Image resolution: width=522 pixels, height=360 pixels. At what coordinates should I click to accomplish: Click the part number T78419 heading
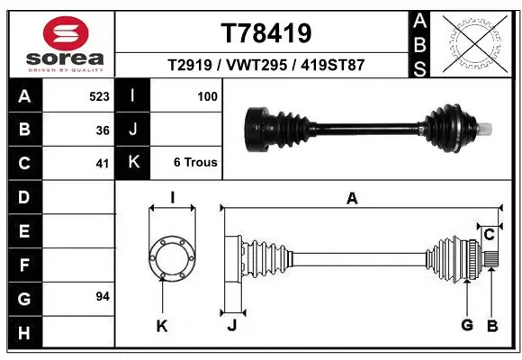coord(265,33)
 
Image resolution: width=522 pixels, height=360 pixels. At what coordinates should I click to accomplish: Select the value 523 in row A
coord(99,95)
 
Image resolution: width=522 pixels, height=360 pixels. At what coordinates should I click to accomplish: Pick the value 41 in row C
coord(103,163)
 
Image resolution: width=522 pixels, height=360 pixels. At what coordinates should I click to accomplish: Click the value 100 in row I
coord(207,95)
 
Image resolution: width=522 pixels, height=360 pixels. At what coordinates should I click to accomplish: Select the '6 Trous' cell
coord(195,163)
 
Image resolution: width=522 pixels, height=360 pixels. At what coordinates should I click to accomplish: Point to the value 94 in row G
coord(103,296)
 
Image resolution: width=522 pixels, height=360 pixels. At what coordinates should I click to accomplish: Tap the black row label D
coord(22,196)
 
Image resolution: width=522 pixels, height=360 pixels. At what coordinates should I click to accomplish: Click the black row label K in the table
coord(132,163)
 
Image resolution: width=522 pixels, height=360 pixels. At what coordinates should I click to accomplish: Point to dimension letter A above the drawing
coord(352,199)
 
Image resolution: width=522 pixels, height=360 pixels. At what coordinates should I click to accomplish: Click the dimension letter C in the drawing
coord(489,235)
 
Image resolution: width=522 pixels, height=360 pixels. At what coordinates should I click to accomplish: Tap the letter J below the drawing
coord(231,326)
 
